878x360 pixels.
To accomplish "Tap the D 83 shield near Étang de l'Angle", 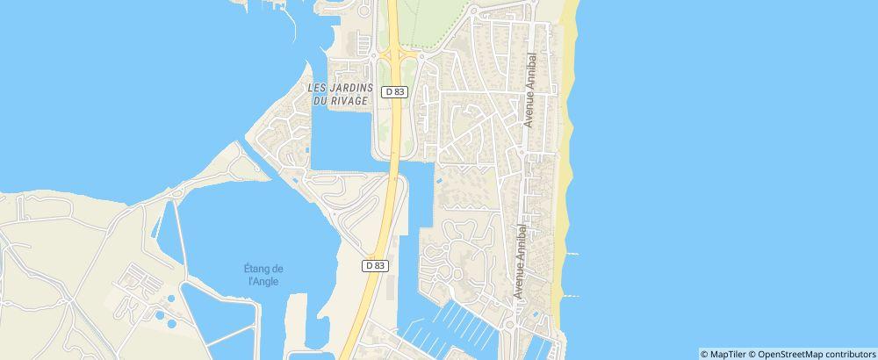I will (375, 265).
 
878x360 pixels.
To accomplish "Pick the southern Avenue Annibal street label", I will (522, 261).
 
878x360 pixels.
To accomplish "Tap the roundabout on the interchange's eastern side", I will (420, 58).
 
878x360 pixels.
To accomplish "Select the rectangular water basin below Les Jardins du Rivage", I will (342, 140).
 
